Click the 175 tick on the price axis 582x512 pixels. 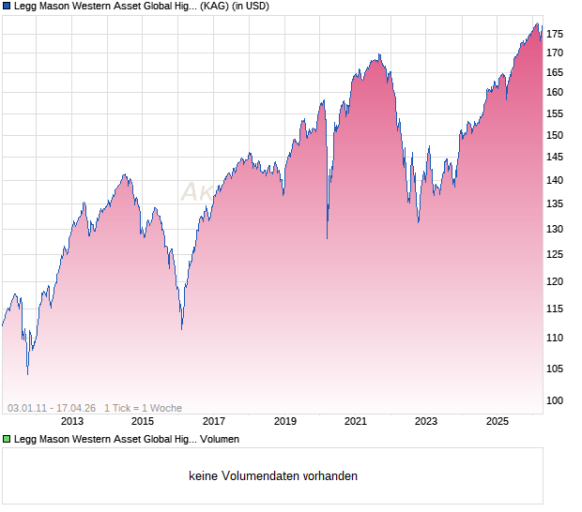(556, 35)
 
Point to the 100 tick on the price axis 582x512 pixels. (556, 401)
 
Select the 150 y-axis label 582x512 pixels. (556, 135)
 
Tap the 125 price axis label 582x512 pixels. (556, 254)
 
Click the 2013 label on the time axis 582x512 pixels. (72, 421)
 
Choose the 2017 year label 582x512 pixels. (214, 421)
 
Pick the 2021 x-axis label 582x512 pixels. (356, 421)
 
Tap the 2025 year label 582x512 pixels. (498, 421)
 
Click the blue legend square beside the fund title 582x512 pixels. (7, 7)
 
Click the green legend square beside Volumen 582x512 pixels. (7, 438)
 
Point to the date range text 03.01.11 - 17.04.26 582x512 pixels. (52, 408)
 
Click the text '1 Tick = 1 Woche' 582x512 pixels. (143, 408)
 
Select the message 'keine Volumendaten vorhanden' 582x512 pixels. (273, 476)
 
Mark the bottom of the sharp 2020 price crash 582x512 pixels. (327, 239)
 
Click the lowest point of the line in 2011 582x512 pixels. (27, 374)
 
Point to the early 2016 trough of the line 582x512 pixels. (181, 329)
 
